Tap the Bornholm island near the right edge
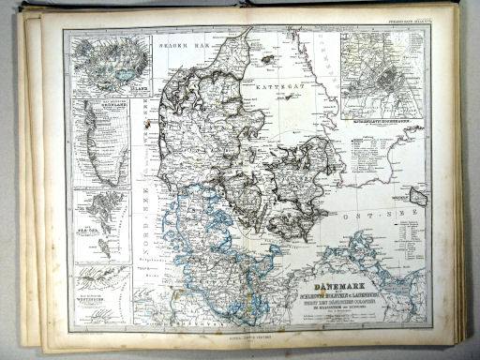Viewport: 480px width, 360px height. click(x=418, y=199)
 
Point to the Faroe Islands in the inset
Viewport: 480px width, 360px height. click(x=99, y=209)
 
